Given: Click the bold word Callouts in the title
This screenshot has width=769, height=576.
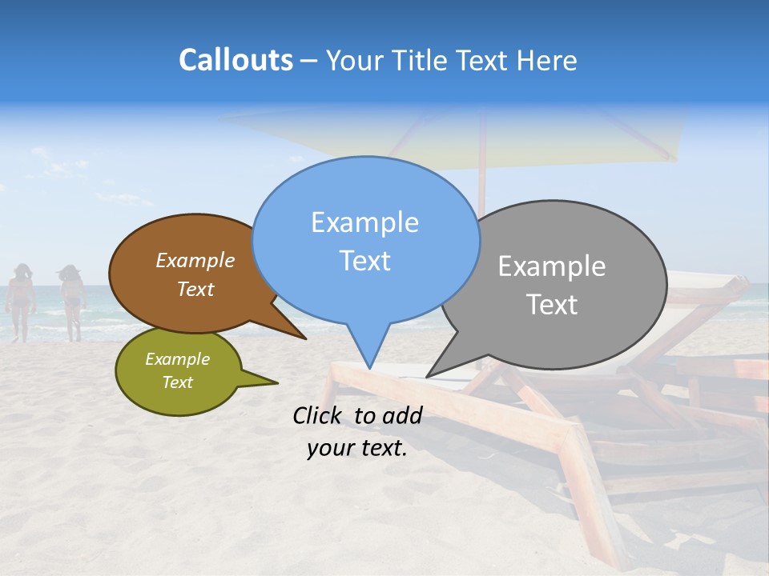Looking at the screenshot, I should coord(236,61).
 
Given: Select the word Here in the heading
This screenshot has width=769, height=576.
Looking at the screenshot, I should coord(548,61).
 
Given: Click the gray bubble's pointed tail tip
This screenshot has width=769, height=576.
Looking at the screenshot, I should coord(427,376).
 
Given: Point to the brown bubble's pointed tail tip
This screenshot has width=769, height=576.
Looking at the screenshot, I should coord(305,338).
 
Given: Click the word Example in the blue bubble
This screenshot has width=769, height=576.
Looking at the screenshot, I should coord(364,222).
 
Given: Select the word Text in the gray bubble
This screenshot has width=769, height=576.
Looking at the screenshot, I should coord(552,305).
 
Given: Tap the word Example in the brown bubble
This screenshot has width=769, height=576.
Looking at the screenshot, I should coord(195,261).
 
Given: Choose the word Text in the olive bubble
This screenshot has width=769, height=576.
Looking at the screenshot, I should coord(178,382).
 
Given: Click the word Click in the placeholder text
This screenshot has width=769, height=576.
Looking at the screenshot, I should coord(320,415).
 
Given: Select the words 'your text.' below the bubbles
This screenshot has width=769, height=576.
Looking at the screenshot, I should coord(357,448).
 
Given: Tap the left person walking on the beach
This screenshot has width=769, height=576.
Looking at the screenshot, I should coord(20,302).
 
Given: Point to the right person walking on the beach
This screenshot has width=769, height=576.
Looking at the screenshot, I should coord(72,302).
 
